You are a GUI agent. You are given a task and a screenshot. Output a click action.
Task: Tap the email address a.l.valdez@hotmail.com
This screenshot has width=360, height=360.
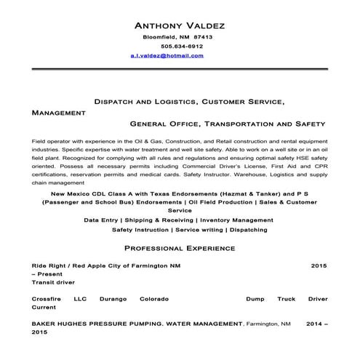pos(167,55)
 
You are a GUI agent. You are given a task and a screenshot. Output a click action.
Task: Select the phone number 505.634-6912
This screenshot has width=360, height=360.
pos(177,46)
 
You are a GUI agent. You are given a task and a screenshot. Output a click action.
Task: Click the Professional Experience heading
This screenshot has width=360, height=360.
pos(180,249)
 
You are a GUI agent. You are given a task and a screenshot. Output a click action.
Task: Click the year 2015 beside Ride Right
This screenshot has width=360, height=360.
pos(319,266)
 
